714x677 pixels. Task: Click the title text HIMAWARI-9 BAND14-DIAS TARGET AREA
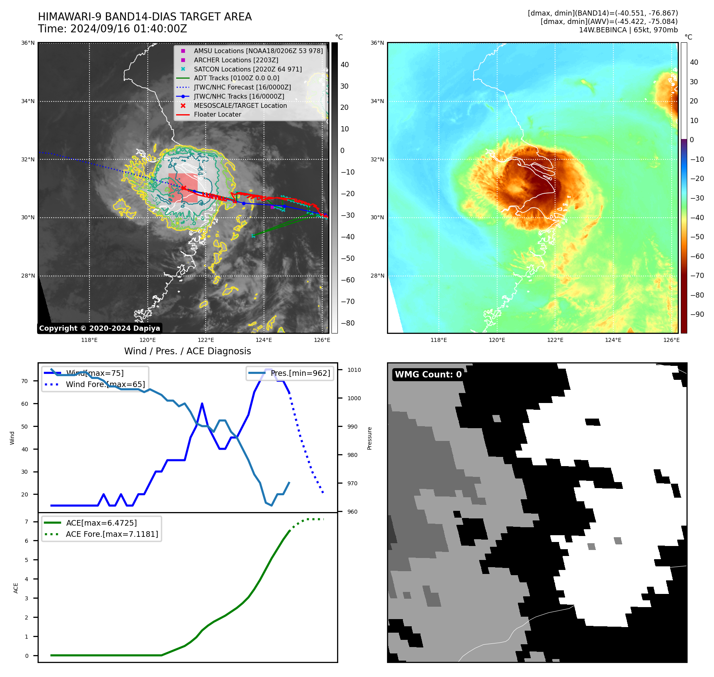click(x=145, y=17)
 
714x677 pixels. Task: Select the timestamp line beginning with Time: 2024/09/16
click(x=112, y=29)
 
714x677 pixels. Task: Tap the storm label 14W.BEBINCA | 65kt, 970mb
click(x=628, y=30)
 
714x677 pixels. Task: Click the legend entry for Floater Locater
click(x=217, y=115)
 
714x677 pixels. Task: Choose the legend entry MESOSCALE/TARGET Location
click(x=240, y=105)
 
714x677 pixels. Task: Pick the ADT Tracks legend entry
click(x=236, y=78)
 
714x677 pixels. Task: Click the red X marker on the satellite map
click(x=183, y=188)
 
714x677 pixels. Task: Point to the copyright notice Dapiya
click(x=99, y=328)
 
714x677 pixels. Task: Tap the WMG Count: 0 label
click(x=428, y=375)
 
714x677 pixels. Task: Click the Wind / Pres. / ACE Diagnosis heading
click(x=187, y=351)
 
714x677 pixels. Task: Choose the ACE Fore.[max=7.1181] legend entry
click(x=112, y=534)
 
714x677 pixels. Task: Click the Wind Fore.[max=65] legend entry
click(x=105, y=384)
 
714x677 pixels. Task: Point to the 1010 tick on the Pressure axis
click(x=354, y=370)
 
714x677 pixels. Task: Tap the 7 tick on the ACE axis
click(x=26, y=522)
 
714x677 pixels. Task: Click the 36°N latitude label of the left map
click(x=28, y=43)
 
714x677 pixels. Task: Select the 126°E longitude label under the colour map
click(x=671, y=340)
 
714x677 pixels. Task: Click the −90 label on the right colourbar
click(x=697, y=314)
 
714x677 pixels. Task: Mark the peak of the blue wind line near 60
click(x=202, y=403)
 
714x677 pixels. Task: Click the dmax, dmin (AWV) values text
click(x=609, y=22)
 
